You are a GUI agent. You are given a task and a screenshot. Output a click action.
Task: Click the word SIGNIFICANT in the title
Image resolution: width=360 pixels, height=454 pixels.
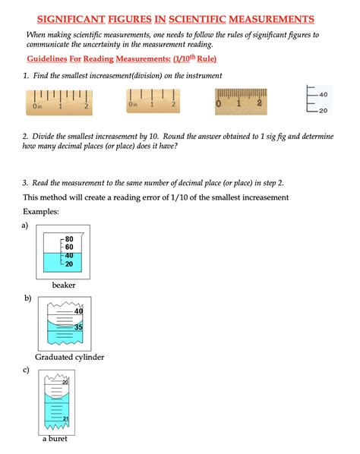point(71,20)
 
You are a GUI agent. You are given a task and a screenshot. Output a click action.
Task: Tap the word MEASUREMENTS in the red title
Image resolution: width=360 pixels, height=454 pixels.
point(271,20)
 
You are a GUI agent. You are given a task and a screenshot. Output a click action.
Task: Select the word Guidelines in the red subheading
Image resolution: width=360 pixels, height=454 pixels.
point(47,58)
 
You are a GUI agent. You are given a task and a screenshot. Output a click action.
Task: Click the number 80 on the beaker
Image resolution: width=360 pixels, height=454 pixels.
point(69,239)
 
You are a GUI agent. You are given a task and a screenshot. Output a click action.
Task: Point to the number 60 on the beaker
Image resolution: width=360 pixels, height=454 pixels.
point(69,247)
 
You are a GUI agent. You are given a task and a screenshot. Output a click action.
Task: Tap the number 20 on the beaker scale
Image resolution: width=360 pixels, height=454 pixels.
point(69,264)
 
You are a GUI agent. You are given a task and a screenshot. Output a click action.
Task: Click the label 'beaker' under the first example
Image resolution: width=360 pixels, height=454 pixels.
point(64,285)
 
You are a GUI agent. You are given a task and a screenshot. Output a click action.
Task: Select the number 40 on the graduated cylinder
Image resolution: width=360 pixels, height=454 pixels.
point(78,311)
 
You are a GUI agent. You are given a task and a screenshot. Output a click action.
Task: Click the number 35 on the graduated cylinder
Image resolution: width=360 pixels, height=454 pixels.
point(78,327)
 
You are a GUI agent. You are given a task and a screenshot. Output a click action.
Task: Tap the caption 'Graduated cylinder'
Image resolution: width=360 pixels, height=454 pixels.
point(70,358)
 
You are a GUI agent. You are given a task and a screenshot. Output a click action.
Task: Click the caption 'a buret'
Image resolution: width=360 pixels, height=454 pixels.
point(55,439)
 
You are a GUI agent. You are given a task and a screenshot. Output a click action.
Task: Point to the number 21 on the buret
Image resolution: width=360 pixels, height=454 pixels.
point(66,418)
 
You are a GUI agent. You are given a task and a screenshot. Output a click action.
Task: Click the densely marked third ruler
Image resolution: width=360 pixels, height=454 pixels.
point(241,102)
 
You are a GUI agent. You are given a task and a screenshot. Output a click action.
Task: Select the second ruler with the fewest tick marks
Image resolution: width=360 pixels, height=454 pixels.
point(153,101)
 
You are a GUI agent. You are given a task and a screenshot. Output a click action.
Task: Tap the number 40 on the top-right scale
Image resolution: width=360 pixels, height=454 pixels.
point(324,95)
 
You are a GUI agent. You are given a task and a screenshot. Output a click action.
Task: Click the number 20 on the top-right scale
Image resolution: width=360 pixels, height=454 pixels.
point(324,111)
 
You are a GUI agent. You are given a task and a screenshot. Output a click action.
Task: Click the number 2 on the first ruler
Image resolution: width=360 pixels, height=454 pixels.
point(87,106)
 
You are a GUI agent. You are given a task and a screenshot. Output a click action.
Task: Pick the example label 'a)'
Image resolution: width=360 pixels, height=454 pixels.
point(25,225)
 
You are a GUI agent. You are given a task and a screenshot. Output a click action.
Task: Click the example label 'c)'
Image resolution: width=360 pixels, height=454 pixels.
point(26,370)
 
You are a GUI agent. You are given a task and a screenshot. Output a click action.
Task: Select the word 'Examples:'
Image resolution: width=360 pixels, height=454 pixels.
point(41,212)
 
